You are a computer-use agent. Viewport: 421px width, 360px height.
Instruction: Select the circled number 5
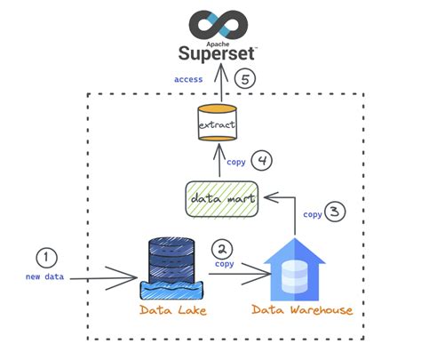[x=245, y=79]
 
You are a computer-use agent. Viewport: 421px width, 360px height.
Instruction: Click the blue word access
[x=187, y=79]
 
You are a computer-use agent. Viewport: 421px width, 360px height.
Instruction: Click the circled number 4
[x=261, y=161]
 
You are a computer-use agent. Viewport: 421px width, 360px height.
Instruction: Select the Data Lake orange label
[x=172, y=310]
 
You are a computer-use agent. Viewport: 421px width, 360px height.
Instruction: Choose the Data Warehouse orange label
[x=302, y=310]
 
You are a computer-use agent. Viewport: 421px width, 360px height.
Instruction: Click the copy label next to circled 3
[x=313, y=214]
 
